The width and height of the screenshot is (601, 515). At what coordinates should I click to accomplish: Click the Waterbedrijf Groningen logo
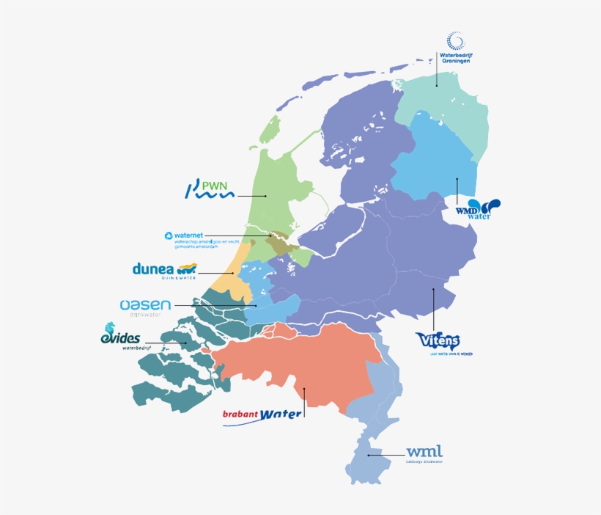tap(456, 48)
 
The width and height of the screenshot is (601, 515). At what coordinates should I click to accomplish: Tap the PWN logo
tap(210, 191)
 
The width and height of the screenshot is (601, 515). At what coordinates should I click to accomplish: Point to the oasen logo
tap(145, 306)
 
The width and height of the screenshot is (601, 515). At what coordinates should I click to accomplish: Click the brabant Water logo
tap(262, 415)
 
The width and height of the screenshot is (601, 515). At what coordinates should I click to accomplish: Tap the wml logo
tap(424, 453)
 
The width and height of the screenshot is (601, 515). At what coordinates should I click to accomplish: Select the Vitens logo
tap(438, 341)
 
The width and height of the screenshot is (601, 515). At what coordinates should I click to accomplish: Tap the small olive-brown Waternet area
tap(281, 243)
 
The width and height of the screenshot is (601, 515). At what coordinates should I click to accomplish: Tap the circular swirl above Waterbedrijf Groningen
tap(456, 40)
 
